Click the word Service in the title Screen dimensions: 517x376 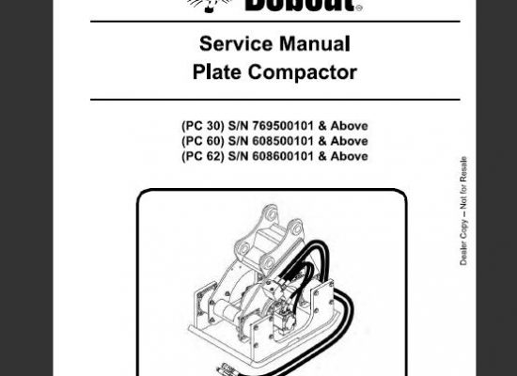tap(236, 43)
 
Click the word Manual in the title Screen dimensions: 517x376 tap(315, 43)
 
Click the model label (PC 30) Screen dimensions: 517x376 tap(203, 126)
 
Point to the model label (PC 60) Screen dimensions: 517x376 tap(203, 141)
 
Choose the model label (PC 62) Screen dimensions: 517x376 tap(203, 156)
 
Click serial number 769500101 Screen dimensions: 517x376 tap(283, 126)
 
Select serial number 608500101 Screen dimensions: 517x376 tap(283, 141)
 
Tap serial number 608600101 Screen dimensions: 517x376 tap(283, 156)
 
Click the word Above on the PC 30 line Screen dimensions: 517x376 tap(349, 126)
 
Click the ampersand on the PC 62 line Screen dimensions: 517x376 tap(322, 156)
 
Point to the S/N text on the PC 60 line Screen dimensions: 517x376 tap(238, 141)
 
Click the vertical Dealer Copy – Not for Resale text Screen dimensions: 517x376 tap(463, 211)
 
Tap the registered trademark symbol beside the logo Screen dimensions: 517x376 tap(359, 8)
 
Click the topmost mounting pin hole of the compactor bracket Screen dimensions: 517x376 tap(272, 214)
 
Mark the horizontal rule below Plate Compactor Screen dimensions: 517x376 tap(275, 100)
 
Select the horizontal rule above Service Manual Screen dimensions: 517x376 tap(275, 22)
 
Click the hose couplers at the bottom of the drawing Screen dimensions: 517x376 tap(226, 369)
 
